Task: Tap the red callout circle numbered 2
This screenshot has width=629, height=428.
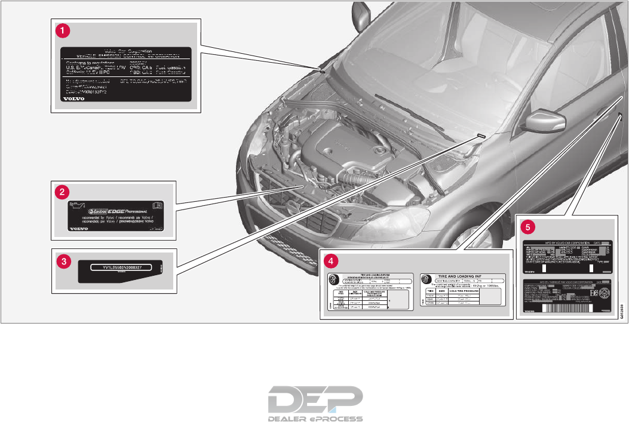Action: point(60,192)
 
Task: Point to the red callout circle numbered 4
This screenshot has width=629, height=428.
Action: point(330,260)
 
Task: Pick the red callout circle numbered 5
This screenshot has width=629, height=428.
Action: point(526,226)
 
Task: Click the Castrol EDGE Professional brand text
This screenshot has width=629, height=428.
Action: point(116,211)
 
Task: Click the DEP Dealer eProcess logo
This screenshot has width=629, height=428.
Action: point(315,402)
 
